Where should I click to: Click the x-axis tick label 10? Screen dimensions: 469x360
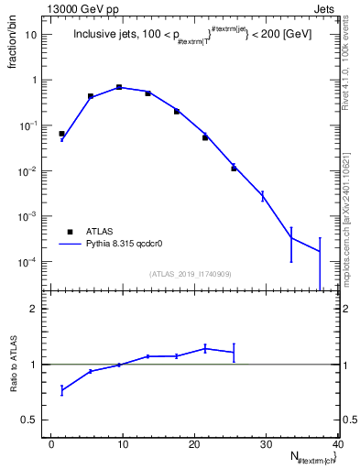[x=123, y=444]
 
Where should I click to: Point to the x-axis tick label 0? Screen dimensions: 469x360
[x=52, y=444]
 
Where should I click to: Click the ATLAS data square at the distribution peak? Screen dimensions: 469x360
[x=119, y=87]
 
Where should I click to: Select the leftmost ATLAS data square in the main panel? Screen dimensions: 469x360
[x=62, y=134]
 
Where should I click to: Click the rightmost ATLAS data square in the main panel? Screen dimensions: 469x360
[x=234, y=169]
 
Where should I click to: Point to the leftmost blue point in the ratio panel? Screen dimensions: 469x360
[x=62, y=390]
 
